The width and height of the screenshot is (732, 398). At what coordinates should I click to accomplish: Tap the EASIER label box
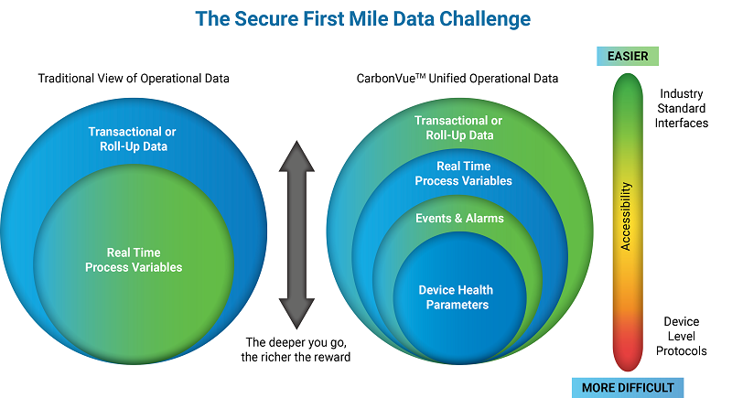coord(627,57)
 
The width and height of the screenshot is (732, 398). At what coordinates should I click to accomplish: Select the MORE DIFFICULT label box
coord(628,387)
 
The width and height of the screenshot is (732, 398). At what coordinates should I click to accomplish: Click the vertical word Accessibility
coord(627,216)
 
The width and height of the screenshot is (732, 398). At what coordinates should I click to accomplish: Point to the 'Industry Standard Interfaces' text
coord(683,108)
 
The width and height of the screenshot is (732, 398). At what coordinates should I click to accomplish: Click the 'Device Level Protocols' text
coord(682,336)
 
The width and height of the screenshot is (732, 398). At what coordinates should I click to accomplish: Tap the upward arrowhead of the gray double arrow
coord(296,156)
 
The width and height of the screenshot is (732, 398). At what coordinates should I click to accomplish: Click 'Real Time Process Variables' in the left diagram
coord(134,260)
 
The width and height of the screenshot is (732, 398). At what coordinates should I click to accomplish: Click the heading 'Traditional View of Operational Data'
coord(133,79)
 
